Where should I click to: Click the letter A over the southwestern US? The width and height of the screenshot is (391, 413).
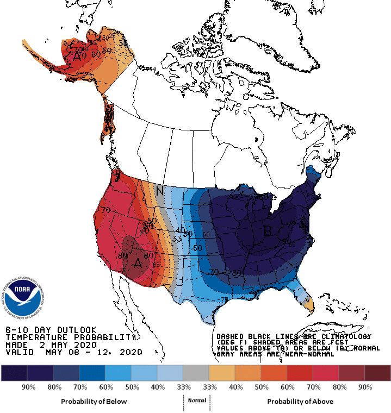[138, 262]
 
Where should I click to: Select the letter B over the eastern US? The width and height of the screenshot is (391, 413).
[268, 230]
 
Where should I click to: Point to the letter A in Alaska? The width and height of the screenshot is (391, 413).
[78, 55]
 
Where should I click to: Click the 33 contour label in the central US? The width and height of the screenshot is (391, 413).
[177, 238]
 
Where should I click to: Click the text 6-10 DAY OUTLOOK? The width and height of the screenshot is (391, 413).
[51, 330]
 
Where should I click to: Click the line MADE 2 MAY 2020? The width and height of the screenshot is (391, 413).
[51, 345]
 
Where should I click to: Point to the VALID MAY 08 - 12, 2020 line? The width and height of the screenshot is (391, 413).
[73, 352]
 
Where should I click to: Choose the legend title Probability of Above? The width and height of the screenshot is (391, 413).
[300, 402]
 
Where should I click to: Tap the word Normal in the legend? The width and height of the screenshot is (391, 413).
[196, 401]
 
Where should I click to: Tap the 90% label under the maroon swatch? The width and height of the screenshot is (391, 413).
[364, 387]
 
